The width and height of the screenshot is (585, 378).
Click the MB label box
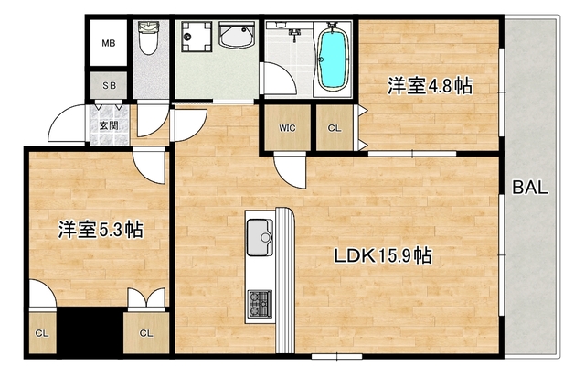tap(108, 43)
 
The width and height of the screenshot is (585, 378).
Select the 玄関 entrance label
tap(108, 124)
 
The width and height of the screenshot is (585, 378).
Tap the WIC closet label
tap(287, 127)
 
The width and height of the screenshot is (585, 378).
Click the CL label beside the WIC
tap(334, 127)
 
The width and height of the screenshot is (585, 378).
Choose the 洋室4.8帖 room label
tap(429, 87)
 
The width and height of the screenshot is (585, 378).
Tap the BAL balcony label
tap(529, 189)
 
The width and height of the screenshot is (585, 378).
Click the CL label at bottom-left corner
tap(43, 333)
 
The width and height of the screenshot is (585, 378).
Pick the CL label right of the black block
tap(145, 333)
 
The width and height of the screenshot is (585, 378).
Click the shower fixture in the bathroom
tap(294, 35)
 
